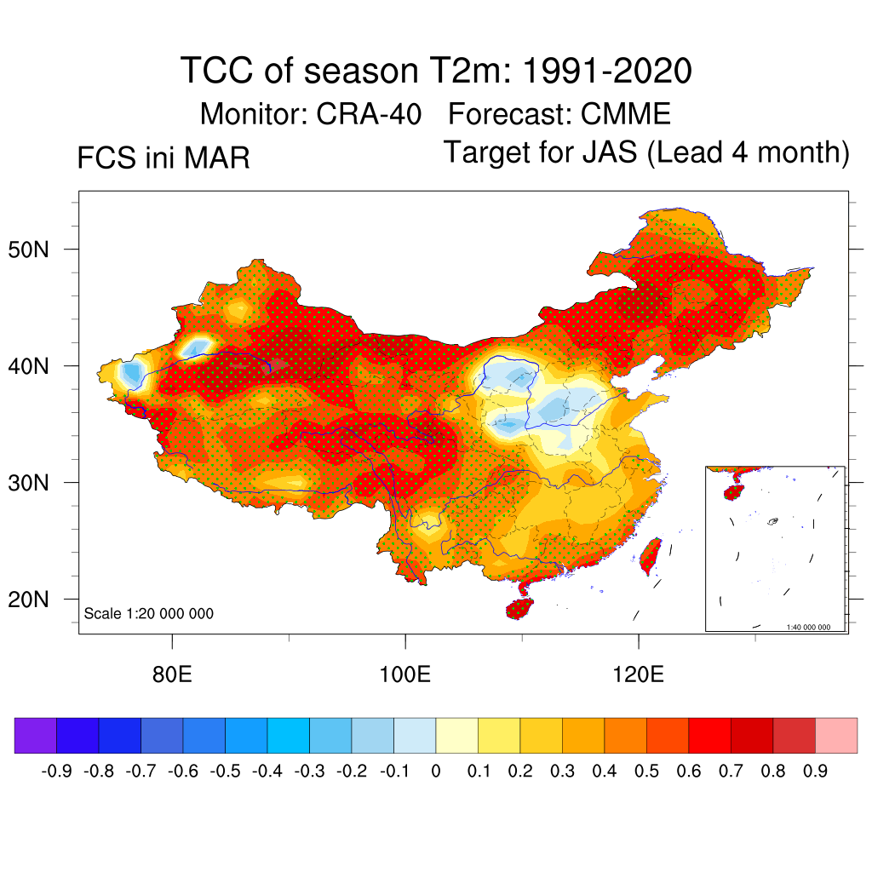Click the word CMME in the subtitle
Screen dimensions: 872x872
625,113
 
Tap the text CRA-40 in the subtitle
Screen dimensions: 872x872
369,113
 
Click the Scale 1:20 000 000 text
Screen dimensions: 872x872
149,614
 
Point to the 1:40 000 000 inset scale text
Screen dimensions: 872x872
814,628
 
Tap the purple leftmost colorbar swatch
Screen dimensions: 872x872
36,736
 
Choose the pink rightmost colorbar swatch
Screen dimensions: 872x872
836,736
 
